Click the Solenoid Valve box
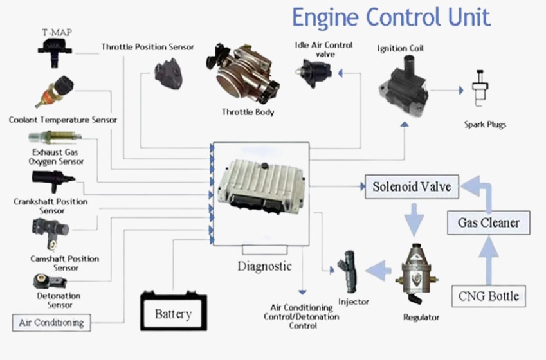[412, 187]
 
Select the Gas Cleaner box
[489, 223]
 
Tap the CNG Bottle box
[489, 296]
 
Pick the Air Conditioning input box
[51, 322]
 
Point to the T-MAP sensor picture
[55, 48]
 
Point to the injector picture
[350, 274]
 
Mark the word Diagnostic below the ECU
[264, 266]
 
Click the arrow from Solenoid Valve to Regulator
[414, 219]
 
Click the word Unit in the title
[463, 17]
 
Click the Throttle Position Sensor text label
[147, 47]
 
